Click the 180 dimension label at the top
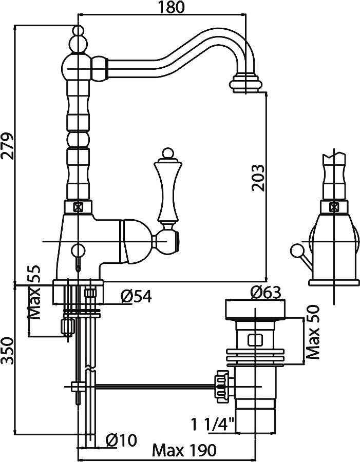click(171, 7)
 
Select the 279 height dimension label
click(7, 146)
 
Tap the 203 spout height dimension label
click(258, 178)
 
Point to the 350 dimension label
click(7, 351)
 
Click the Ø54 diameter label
click(136, 296)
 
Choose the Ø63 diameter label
click(266, 292)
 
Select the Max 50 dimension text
click(313, 332)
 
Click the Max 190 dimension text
click(184, 450)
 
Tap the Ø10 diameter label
click(121, 440)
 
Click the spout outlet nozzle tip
click(245, 84)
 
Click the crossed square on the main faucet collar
click(78, 207)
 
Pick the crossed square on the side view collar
click(334, 207)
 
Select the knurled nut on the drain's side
click(222, 386)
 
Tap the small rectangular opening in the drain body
click(255, 340)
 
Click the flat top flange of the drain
click(255, 310)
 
